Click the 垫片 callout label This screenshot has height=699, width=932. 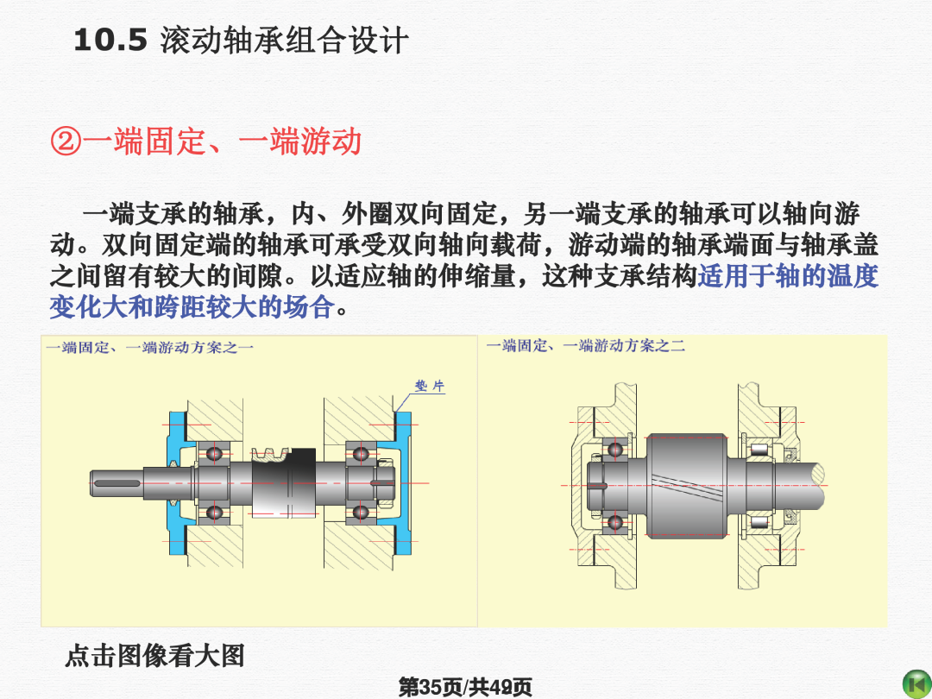tap(429, 387)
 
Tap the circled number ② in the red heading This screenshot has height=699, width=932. tap(66, 142)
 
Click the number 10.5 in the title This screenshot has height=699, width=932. tap(110, 41)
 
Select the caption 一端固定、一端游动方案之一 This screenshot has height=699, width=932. tap(150, 347)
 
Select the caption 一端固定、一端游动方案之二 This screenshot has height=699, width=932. tap(585, 345)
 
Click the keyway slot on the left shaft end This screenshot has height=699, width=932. tap(116, 483)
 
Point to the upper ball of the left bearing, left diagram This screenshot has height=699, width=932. tap(213, 455)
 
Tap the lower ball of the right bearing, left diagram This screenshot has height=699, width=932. tap(360, 513)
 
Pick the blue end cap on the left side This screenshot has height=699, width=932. tap(179, 482)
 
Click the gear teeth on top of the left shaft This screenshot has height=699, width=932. tap(270, 455)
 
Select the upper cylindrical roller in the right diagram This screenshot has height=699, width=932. tap(759, 449)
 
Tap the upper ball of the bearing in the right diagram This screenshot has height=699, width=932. tap(614, 449)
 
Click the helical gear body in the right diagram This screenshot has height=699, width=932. tap(687, 486)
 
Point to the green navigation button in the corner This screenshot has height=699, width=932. tap(917, 683)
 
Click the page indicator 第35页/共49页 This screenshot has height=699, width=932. tap(465, 687)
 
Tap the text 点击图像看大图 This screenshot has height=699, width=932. tap(155, 656)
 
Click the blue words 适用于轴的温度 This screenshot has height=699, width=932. tap(788, 276)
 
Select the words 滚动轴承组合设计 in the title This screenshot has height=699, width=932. tap(284, 41)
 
